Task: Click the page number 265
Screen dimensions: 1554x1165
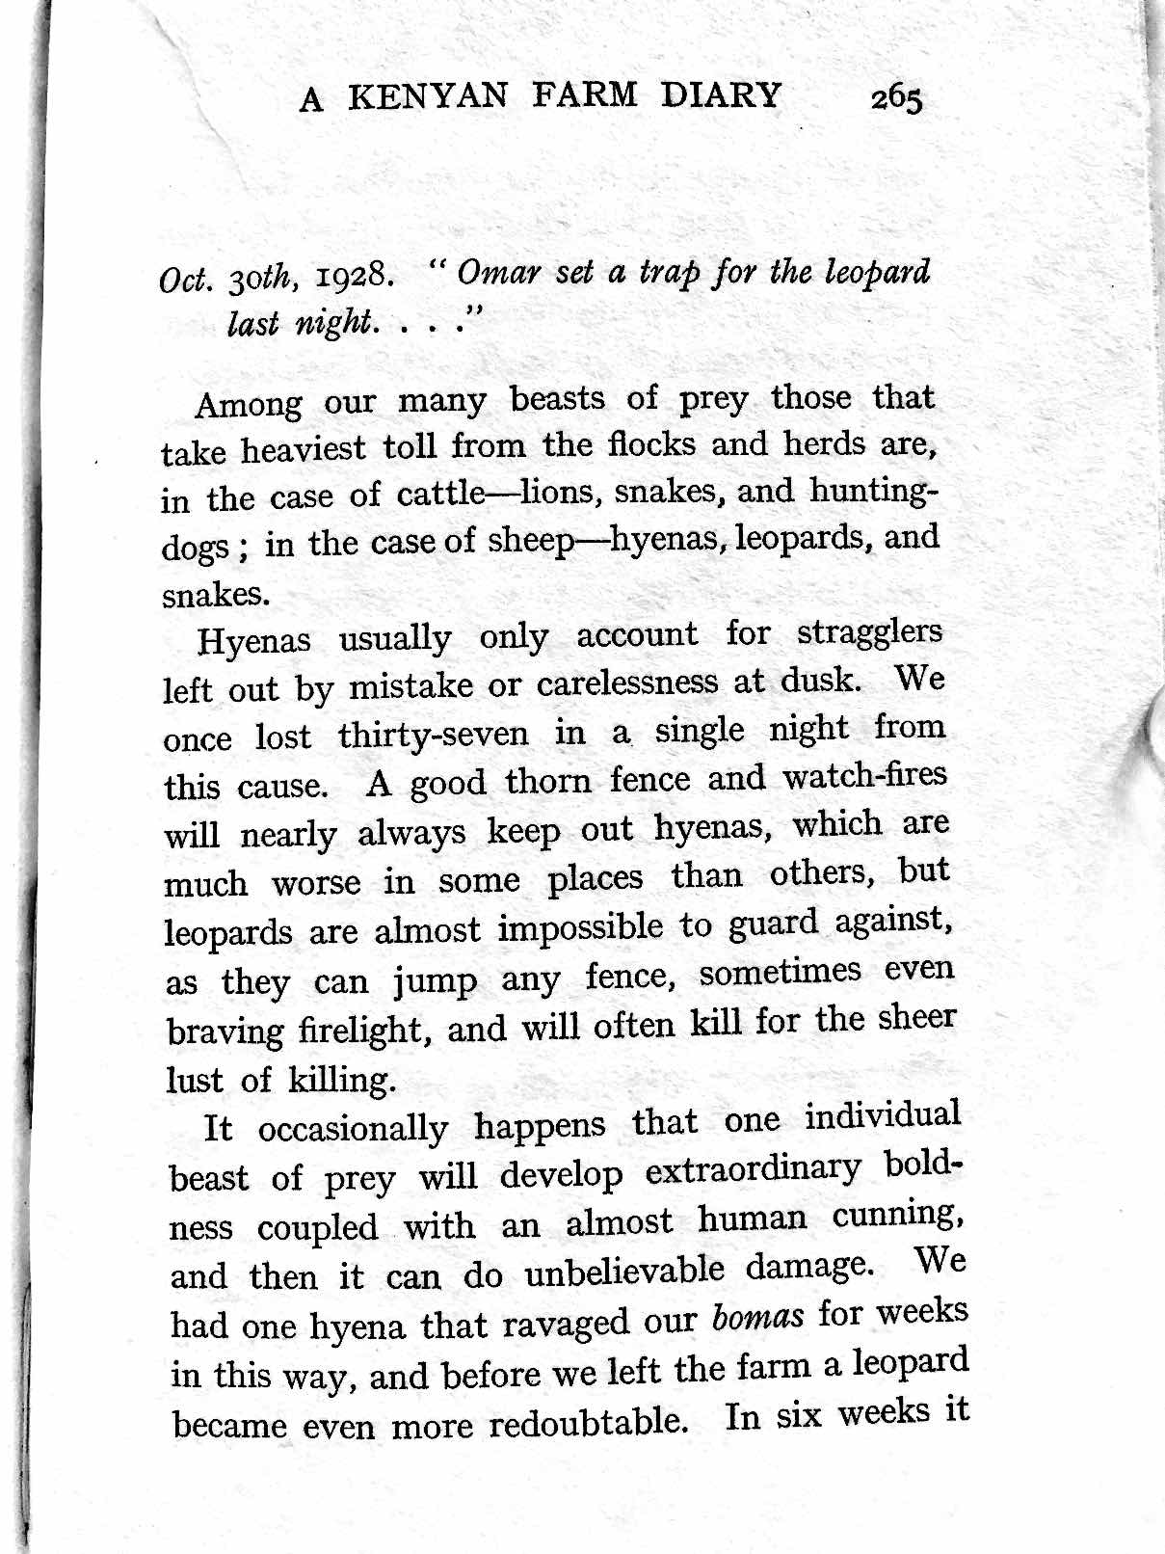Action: tap(896, 99)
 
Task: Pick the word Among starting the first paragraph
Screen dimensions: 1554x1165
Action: tap(249, 403)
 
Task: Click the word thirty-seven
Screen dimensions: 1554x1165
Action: tap(433, 736)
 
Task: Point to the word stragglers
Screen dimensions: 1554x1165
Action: tap(869, 633)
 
